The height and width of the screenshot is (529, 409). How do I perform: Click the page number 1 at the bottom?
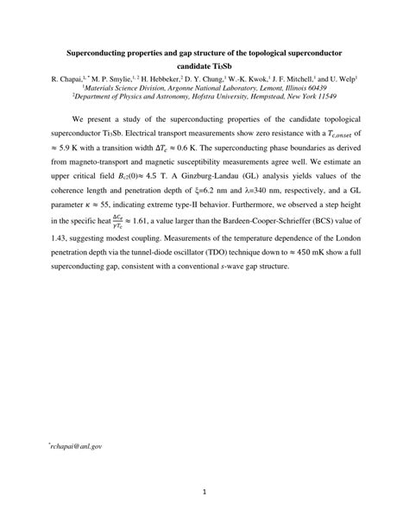(204, 494)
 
